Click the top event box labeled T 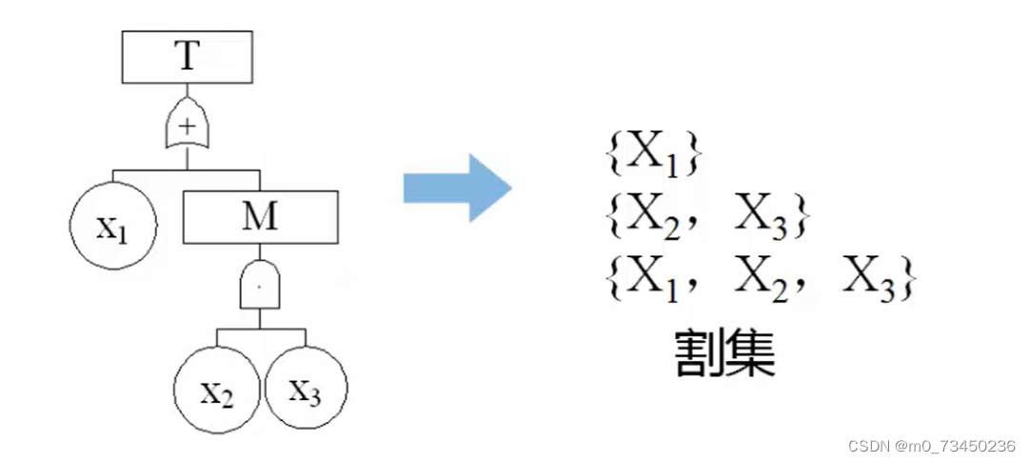[x=187, y=58]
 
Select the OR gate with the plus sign [x=188, y=126]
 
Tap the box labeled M [x=260, y=217]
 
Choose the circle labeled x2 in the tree [x=217, y=392]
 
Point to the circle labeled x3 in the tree [x=306, y=391]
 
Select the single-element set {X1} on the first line [x=653, y=155]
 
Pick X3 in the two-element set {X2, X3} [x=762, y=219]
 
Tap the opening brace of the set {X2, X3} [x=613, y=219]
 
